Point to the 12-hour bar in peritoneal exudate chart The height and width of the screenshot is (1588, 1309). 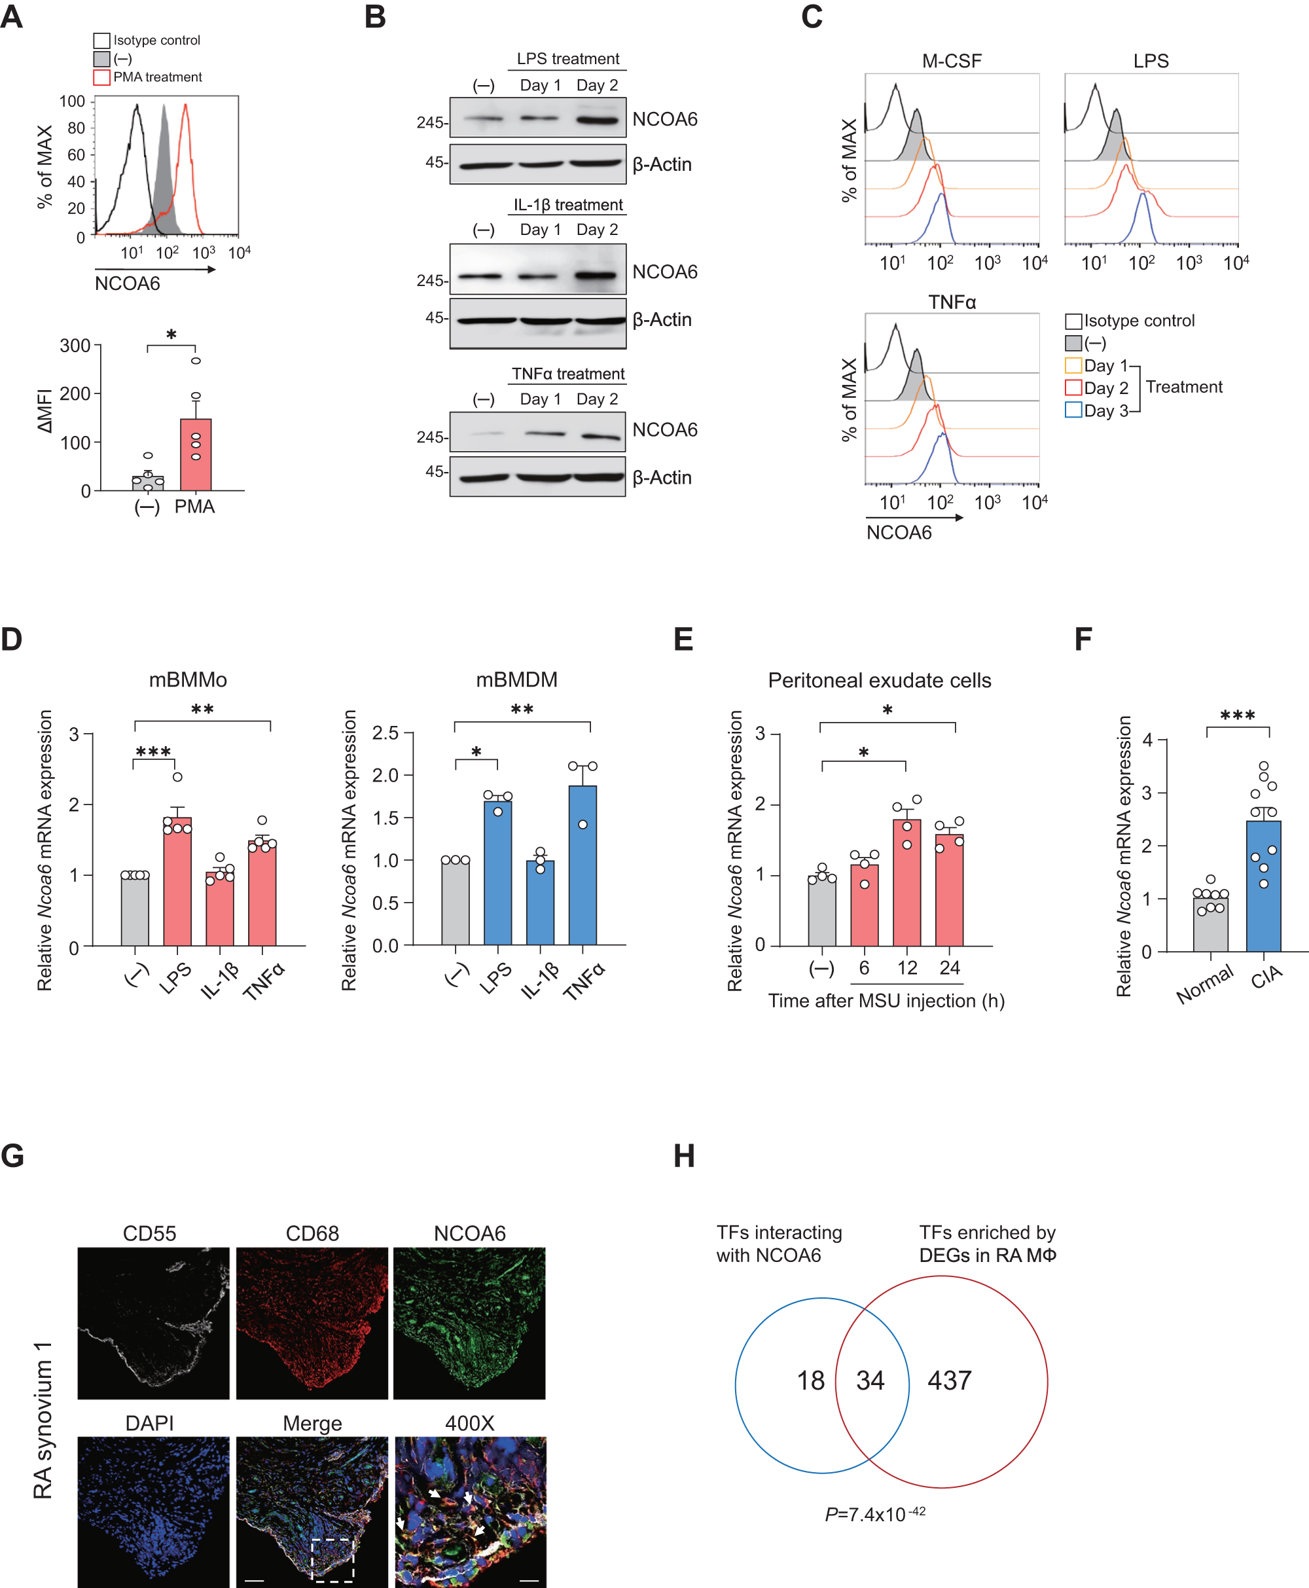click(x=906, y=882)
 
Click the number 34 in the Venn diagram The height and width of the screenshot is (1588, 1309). click(x=869, y=1381)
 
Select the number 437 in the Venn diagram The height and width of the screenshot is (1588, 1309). click(x=949, y=1381)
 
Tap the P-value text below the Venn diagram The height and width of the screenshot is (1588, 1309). click(x=874, y=1515)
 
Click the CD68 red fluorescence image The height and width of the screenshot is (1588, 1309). click(x=312, y=1324)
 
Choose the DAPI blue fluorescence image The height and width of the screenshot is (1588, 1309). click(x=153, y=1512)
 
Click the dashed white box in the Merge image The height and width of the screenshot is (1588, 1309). click(x=332, y=1560)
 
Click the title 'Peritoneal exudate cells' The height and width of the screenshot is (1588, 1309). click(x=879, y=680)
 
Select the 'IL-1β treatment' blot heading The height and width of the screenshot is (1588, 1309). click(x=568, y=205)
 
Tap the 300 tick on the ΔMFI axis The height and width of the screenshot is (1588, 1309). click(x=75, y=346)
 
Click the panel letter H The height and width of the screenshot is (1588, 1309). click(x=684, y=1156)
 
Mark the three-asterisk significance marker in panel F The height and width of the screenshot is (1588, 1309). click(x=1238, y=715)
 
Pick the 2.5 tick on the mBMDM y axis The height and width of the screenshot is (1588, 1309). click(x=386, y=733)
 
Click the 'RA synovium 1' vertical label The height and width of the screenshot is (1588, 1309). click(x=43, y=1420)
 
